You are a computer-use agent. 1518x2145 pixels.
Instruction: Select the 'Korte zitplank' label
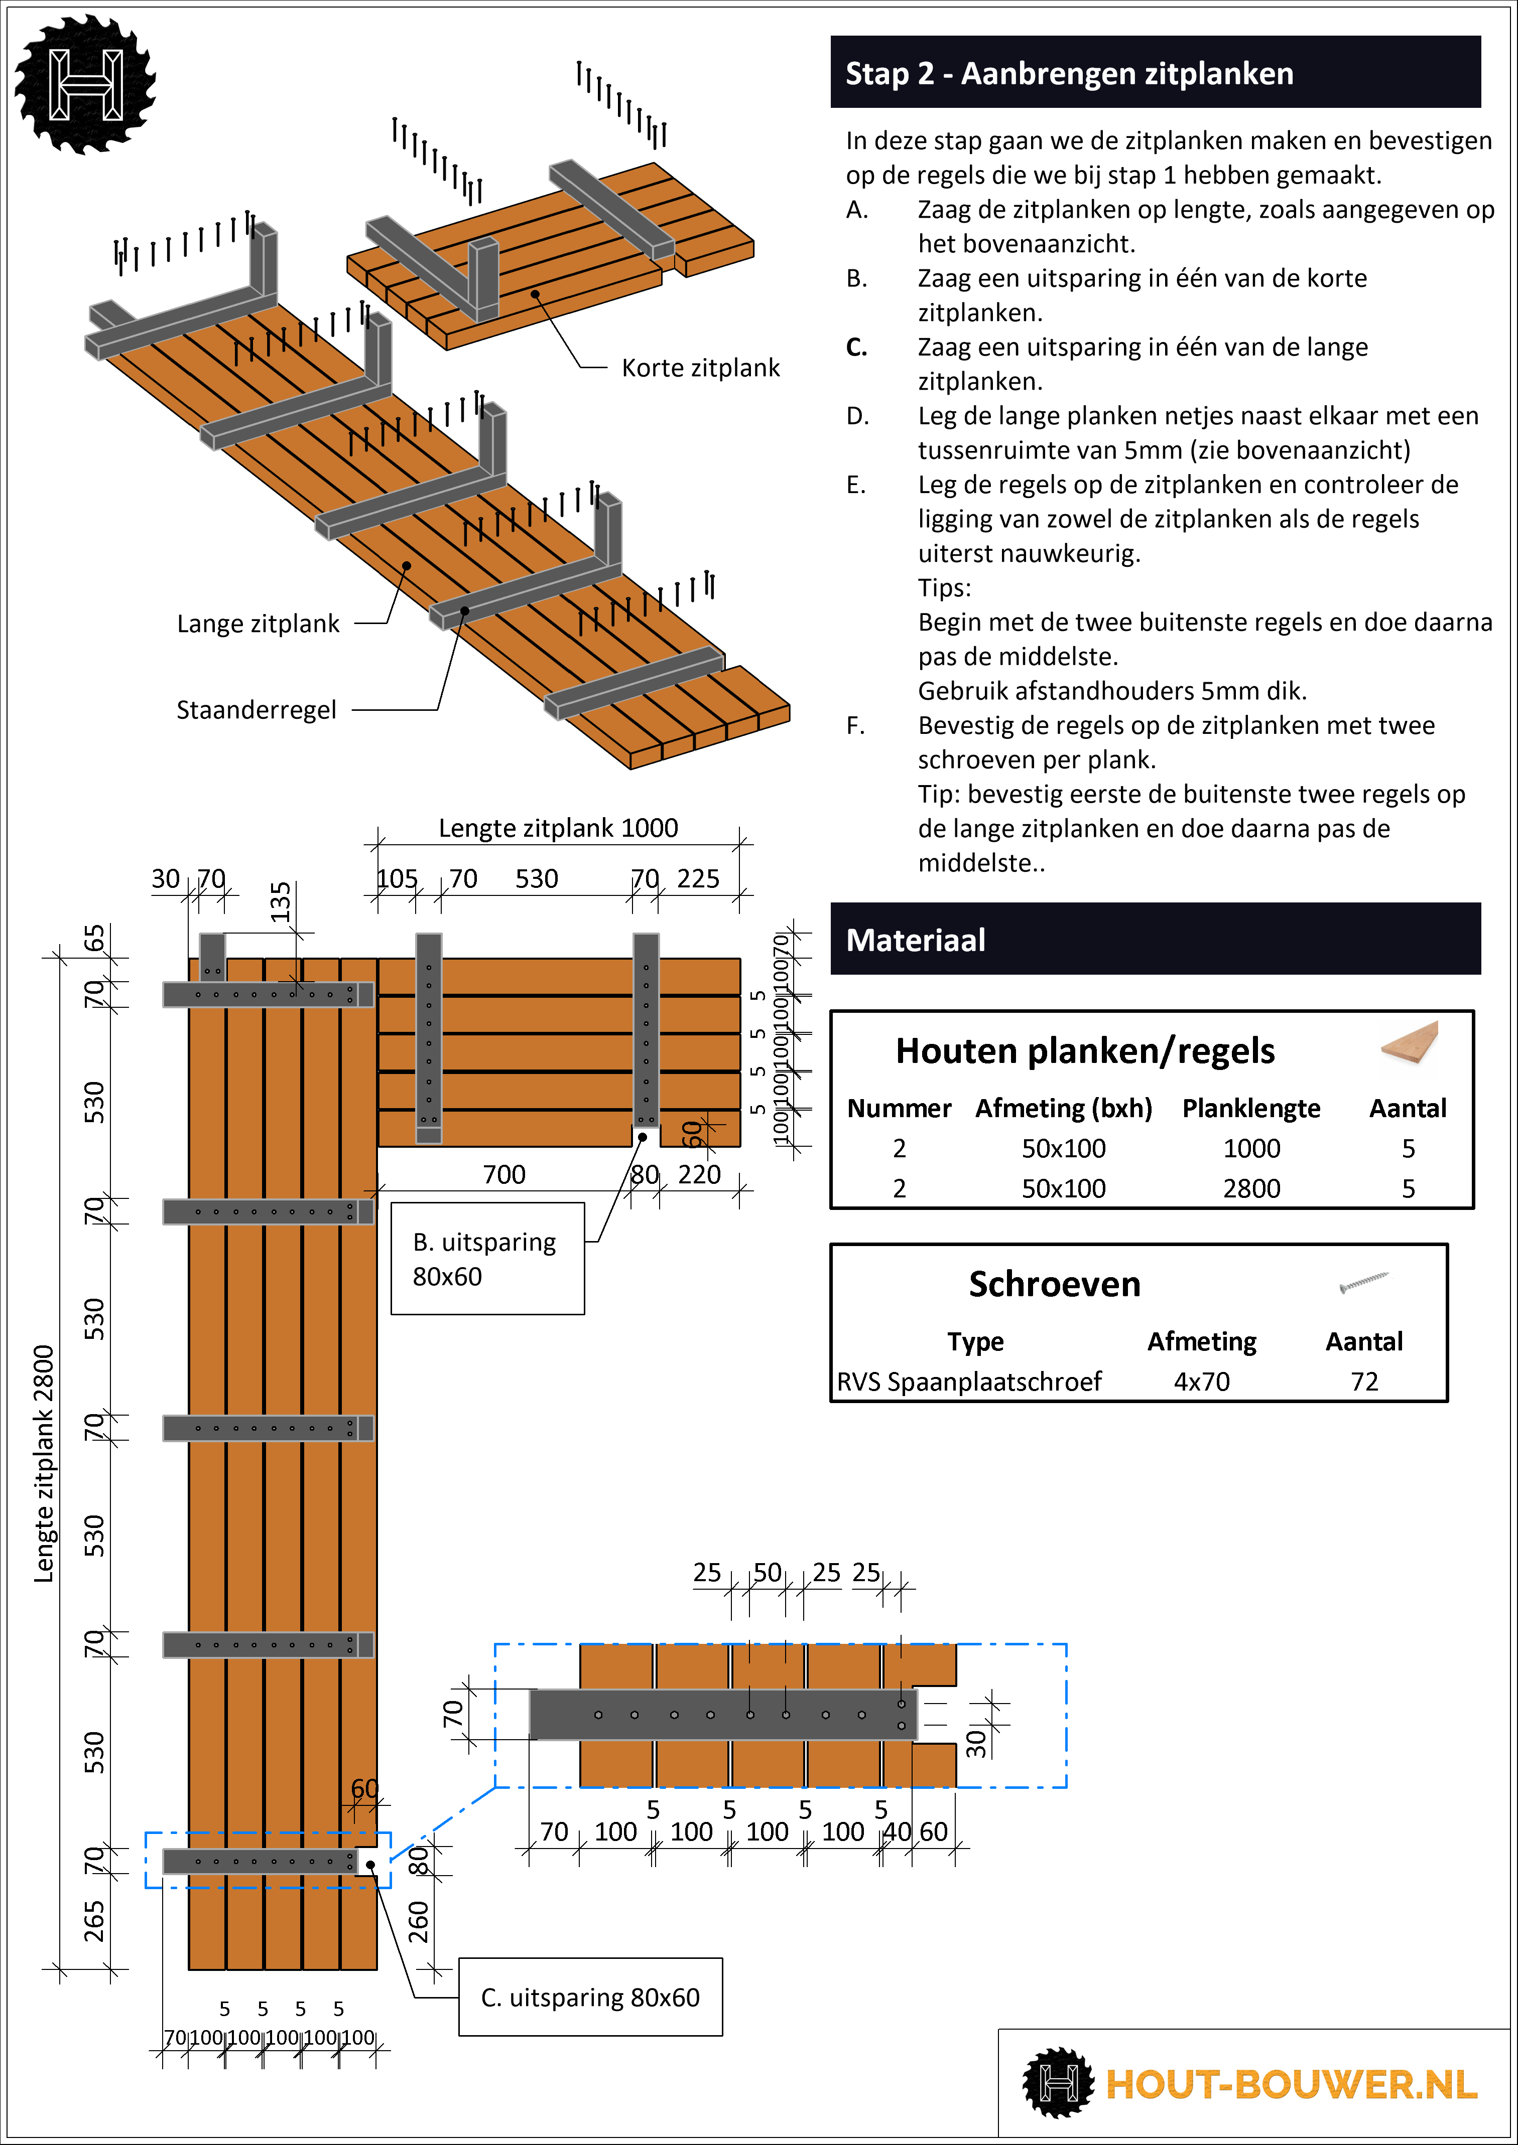pos(700,368)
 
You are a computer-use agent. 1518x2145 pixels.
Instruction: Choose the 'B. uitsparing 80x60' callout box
pos(487,1259)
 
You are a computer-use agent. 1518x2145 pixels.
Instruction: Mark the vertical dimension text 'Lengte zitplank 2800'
pos(44,1464)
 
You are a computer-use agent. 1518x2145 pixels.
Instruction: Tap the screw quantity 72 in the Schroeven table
pos(1364,1382)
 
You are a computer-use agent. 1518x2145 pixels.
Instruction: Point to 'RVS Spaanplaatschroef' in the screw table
pos(969,1382)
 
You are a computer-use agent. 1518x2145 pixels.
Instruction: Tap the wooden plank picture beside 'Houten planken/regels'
pos(1410,1042)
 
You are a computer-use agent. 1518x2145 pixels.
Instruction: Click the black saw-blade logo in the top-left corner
pos(85,84)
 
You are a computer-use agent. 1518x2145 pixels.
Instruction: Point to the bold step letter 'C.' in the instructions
pos(856,348)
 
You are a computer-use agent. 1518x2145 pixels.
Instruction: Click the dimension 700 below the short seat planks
pos(504,1174)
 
